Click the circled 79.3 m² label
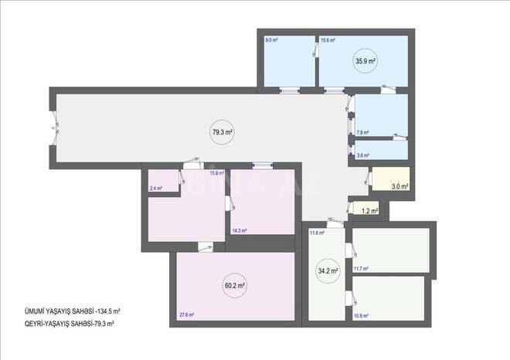pos(223,132)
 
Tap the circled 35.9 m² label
pos(365,60)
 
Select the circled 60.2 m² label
pos(235,285)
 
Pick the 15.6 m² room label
pos(328,39)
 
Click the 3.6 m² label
pos(362,155)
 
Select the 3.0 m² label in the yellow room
pos(399,186)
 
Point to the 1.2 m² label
pos(370,210)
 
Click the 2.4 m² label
pos(156,188)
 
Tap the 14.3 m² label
pos(240,230)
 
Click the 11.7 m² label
pos(360,269)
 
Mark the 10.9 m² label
pos(360,315)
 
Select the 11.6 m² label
pos(316,233)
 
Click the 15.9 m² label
pos(216,173)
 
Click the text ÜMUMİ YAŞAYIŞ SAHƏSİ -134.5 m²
pos(72,311)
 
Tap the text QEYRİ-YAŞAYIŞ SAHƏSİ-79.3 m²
pos(69,324)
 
